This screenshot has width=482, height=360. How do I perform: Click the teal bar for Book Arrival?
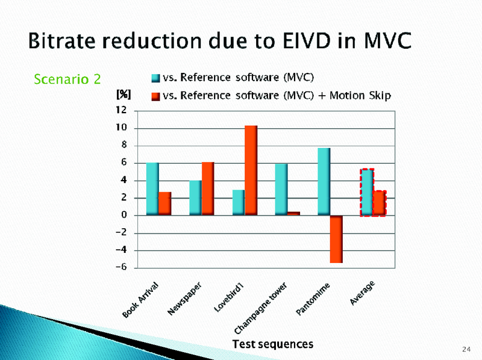point(152,188)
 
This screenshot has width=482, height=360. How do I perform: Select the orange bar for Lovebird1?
point(251,170)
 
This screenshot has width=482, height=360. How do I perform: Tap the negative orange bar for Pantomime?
point(336,239)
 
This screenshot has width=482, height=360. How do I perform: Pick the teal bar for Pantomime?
point(324,181)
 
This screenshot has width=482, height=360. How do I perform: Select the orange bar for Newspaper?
point(208,188)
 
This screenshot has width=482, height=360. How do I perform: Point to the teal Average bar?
point(367,192)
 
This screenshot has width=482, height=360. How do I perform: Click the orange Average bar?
point(379,203)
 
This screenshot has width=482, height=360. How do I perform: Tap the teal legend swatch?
point(155,77)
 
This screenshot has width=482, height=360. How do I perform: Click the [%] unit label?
point(123,95)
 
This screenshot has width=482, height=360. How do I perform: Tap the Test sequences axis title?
point(273,344)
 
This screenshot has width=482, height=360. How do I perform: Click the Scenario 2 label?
point(67,79)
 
